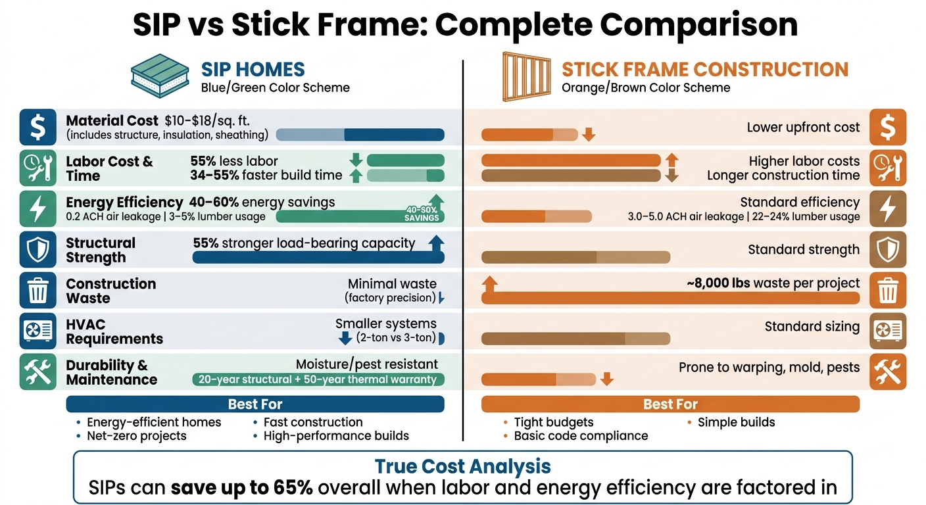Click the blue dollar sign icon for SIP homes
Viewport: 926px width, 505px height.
pyautogui.click(x=38, y=127)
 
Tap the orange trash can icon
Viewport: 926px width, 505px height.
pyautogui.click(x=888, y=291)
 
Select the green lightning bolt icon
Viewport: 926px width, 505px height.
pyautogui.click(x=38, y=208)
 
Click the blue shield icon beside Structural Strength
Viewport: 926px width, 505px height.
pyautogui.click(x=38, y=250)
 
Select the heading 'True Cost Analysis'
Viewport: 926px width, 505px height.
pyautogui.click(x=462, y=466)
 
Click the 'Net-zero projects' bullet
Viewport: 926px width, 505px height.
pyautogui.click(x=137, y=436)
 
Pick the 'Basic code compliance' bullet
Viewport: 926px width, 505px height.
pyautogui.click(x=581, y=436)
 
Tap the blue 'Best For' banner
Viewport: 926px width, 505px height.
pyautogui.click(x=255, y=404)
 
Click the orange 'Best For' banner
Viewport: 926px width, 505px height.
pyautogui.click(x=670, y=404)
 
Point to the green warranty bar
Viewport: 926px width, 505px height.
pyautogui.click(x=318, y=379)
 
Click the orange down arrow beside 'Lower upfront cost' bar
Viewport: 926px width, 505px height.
pyautogui.click(x=589, y=135)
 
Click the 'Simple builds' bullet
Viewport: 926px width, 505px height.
pyautogui.click(x=736, y=422)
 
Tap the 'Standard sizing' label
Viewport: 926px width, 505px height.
pyautogui.click(x=812, y=327)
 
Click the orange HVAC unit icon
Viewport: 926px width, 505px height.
pyautogui.click(x=888, y=331)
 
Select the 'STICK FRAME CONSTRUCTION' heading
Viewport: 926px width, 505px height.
pyautogui.click(x=705, y=70)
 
